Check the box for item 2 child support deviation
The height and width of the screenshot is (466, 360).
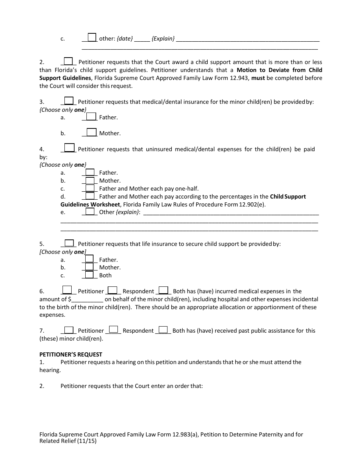click(68, 61)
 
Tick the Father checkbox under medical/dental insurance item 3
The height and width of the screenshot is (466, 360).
click(91, 117)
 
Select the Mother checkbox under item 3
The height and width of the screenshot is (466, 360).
click(91, 133)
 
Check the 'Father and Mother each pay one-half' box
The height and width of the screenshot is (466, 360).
click(90, 188)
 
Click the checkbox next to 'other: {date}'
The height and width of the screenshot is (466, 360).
click(92, 38)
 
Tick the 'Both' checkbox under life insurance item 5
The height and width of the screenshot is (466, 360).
click(89, 275)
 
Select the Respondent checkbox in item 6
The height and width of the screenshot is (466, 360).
click(113, 291)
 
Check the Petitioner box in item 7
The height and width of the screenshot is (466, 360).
click(69, 330)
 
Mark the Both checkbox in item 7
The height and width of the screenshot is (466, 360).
click(163, 330)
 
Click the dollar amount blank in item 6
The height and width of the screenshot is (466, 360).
click(87, 299)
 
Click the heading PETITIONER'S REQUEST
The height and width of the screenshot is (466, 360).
click(71, 355)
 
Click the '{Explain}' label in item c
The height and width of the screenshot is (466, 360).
click(163, 39)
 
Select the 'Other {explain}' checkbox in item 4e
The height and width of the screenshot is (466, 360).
click(90, 211)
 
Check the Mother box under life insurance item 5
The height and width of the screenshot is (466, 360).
click(89, 267)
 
